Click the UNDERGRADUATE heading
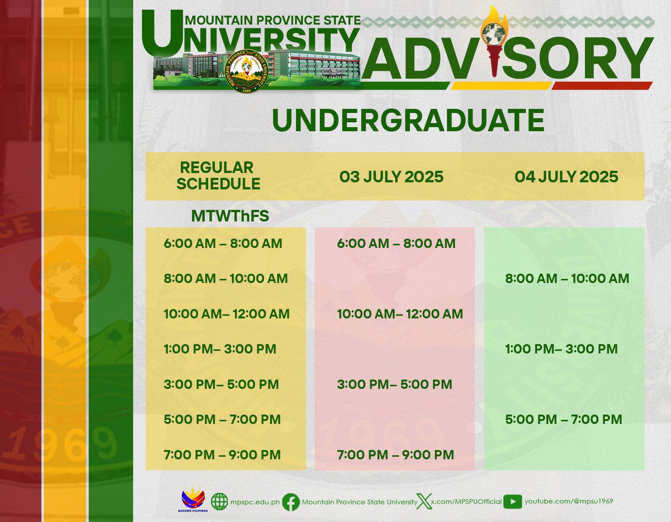[408, 120]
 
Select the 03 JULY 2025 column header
[391, 177]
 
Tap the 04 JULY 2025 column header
[566, 177]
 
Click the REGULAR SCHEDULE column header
[218, 176]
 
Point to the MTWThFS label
[230, 216]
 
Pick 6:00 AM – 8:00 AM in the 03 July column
[396, 243]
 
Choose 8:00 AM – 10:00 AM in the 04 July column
[567, 279]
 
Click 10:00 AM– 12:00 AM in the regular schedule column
[227, 314]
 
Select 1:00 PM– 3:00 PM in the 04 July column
[561, 349]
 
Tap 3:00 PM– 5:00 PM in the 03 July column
[394, 384]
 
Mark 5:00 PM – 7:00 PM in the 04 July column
[564, 419]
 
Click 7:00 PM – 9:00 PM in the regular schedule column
[222, 455]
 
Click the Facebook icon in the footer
[291, 502]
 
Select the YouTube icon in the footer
[513, 502]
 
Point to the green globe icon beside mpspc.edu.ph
[219, 502]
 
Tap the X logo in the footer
[424, 502]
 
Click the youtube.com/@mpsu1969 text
[568, 501]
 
